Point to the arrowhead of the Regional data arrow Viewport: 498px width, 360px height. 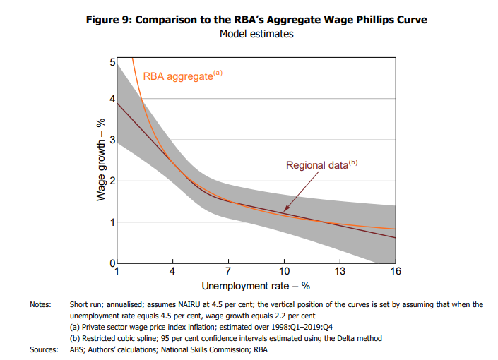point(284,210)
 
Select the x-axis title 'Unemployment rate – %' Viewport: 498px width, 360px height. point(256,286)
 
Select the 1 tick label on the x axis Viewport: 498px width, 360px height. point(117,271)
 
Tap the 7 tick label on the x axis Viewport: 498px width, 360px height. point(228,271)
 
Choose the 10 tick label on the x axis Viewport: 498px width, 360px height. point(284,271)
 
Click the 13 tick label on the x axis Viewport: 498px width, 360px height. point(340,271)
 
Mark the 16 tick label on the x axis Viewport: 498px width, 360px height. point(396,271)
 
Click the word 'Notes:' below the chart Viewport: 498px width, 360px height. point(40,304)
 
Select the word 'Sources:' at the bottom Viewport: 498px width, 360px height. point(43,349)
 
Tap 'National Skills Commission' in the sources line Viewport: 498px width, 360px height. point(215,349)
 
